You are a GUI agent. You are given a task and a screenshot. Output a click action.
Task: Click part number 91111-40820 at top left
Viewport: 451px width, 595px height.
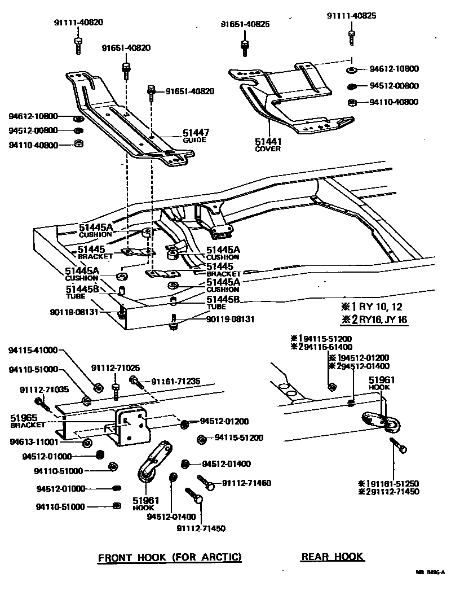[x=79, y=23]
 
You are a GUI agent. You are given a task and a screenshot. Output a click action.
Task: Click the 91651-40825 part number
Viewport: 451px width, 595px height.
[x=245, y=24]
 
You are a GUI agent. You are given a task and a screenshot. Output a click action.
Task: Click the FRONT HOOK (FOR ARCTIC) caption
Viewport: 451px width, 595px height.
[x=170, y=558]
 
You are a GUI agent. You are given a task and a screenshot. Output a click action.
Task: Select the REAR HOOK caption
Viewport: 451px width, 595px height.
[x=333, y=557]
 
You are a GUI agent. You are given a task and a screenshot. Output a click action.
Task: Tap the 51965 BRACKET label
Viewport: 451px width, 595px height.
[x=24, y=421]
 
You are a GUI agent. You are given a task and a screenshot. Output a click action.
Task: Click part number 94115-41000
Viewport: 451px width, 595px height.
[x=33, y=350]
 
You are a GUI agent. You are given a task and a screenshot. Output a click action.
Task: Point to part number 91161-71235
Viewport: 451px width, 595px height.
[x=175, y=382]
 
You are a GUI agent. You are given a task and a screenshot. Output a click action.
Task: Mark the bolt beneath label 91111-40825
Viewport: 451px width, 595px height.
[x=351, y=38]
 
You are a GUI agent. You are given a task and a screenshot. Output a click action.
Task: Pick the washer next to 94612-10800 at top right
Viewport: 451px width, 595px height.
[x=351, y=69]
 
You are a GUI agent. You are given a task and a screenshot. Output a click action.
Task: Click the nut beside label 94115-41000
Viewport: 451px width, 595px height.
[x=96, y=387]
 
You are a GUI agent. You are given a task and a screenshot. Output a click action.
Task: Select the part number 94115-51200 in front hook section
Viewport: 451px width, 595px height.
[x=239, y=438]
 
